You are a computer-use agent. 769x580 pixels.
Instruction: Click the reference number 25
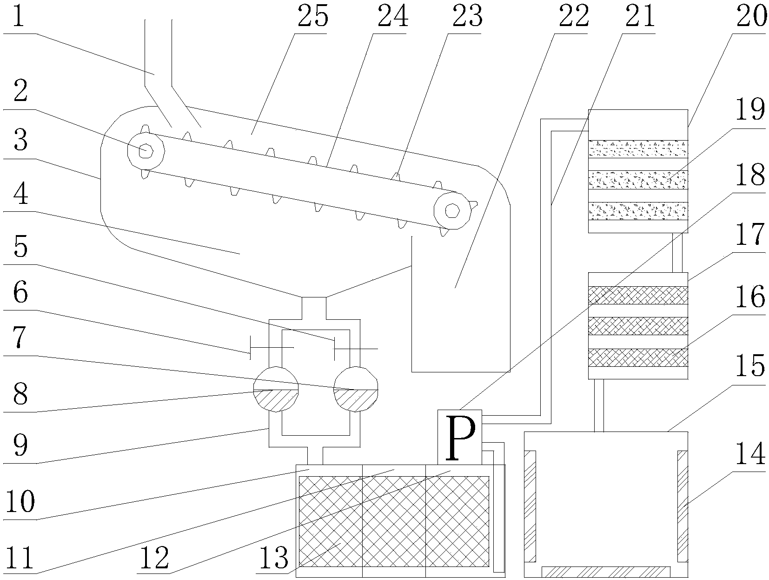(312, 17)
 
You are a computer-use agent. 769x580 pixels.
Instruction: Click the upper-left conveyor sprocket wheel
(146, 150)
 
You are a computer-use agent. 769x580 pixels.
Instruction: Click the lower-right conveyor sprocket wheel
(451, 210)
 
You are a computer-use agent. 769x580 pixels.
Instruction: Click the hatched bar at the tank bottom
(606, 571)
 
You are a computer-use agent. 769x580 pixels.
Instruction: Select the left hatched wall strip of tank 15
(530, 506)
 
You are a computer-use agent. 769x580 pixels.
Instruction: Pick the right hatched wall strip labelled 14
(682, 506)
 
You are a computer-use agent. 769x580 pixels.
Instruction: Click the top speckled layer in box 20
(638, 149)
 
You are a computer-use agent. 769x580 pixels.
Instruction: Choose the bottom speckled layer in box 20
(638, 211)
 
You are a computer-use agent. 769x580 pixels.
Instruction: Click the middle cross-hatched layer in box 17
(638, 326)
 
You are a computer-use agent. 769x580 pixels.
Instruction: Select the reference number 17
(750, 236)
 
